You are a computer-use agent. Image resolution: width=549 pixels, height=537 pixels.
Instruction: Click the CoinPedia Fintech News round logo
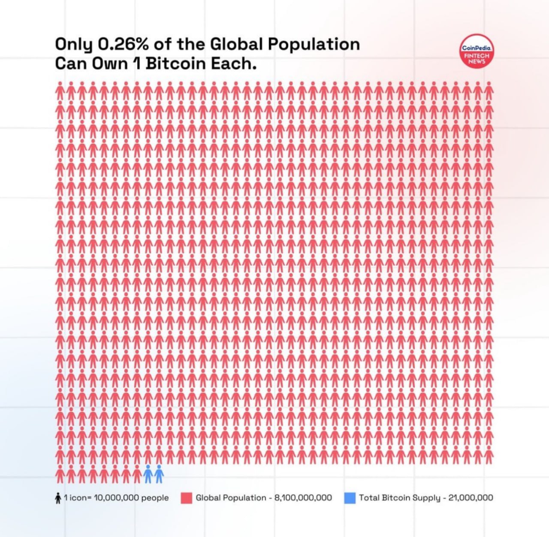click(477, 51)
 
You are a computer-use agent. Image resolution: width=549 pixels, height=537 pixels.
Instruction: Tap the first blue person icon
click(148, 474)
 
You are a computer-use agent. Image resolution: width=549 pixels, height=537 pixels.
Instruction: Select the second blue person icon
click(159, 474)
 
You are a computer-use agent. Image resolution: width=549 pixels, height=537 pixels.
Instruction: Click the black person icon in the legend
click(58, 498)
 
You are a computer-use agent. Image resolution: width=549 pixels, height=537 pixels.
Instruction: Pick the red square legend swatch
click(186, 498)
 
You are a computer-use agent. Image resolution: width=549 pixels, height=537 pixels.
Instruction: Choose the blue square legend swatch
click(350, 498)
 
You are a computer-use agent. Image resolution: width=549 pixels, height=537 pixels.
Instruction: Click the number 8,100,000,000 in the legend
click(303, 498)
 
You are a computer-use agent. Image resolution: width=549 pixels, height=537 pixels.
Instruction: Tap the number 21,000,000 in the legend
click(471, 498)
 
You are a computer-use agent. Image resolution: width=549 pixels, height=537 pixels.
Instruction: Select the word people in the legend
click(155, 498)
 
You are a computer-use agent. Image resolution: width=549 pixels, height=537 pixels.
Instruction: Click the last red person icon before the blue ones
click(137, 474)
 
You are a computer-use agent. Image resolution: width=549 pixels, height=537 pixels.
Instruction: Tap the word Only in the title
click(73, 44)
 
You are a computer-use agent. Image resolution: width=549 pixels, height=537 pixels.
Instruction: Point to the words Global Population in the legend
click(231, 498)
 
